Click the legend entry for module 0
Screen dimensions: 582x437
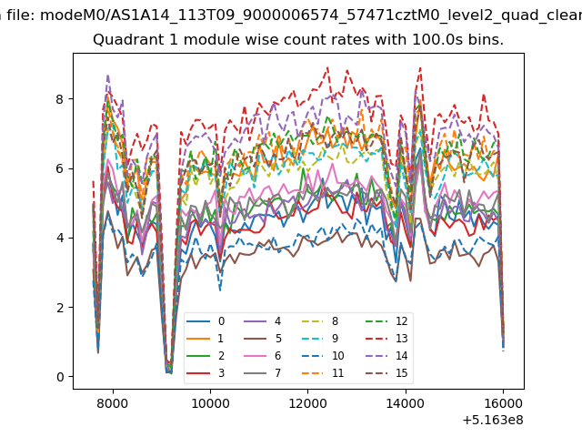pyautogui.click(x=206, y=321)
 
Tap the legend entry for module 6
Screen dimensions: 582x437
pyautogui.click(x=263, y=356)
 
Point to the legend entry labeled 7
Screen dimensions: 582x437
pyautogui.click(x=263, y=372)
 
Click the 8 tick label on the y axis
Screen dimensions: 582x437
pyautogui.click(x=60, y=99)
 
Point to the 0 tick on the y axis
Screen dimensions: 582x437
pyautogui.click(x=60, y=377)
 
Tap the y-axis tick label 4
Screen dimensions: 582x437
pyautogui.click(x=60, y=239)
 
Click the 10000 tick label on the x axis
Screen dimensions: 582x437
pyautogui.click(x=210, y=403)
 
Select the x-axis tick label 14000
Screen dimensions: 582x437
pyautogui.click(x=406, y=403)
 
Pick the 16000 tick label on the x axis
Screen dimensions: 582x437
pyautogui.click(x=503, y=403)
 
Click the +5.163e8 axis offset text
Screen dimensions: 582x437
pyautogui.click(x=493, y=421)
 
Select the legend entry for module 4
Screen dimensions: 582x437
pyautogui.click(x=263, y=321)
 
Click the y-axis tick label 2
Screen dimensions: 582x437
pyautogui.click(x=60, y=308)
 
